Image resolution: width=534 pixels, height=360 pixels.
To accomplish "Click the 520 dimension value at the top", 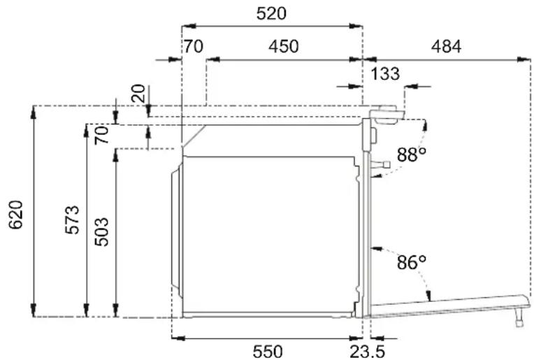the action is tap(271, 14).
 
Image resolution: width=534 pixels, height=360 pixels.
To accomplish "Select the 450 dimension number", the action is tap(283, 46).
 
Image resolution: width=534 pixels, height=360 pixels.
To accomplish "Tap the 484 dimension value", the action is tap(446, 46).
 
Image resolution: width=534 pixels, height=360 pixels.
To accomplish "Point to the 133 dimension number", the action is tap(385, 74).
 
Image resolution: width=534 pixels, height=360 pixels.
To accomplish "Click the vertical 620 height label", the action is tap(15, 215).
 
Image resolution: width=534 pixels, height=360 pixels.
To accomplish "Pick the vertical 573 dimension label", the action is tap(72, 220).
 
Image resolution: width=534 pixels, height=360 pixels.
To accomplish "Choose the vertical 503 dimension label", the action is tap(101, 232).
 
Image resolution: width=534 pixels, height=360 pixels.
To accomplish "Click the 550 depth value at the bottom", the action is tap(267, 352).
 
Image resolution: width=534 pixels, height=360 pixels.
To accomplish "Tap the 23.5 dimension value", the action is tap(367, 352).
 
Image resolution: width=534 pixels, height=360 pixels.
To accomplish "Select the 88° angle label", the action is tap(412, 154).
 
